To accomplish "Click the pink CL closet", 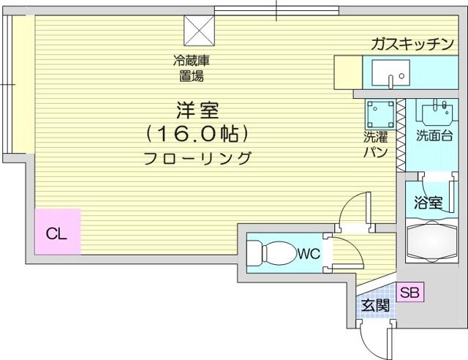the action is click(x=58, y=232).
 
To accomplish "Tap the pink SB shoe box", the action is click(x=410, y=292).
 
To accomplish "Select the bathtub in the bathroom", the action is click(x=432, y=241).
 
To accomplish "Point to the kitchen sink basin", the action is click(x=390, y=72).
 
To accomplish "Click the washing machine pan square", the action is click(x=380, y=114).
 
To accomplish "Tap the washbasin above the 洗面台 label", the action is click(x=437, y=112).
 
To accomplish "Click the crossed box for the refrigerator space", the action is click(x=199, y=31).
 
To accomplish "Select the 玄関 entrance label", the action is click(x=375, y=305).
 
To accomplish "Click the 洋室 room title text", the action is click(x=197, y=110).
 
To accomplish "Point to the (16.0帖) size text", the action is click(x=197, y=134).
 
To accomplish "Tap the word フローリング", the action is click(x=197, y=158).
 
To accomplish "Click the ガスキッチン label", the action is click(x=412, y=44).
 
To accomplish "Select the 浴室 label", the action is click(x=428, y=203).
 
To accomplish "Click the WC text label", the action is click(x=309, y=254).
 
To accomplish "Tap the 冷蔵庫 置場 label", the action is click(x=192, y=69).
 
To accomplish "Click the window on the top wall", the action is click(x=276, y=11).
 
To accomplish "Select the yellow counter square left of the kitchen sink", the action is click(x=348, y=72).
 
